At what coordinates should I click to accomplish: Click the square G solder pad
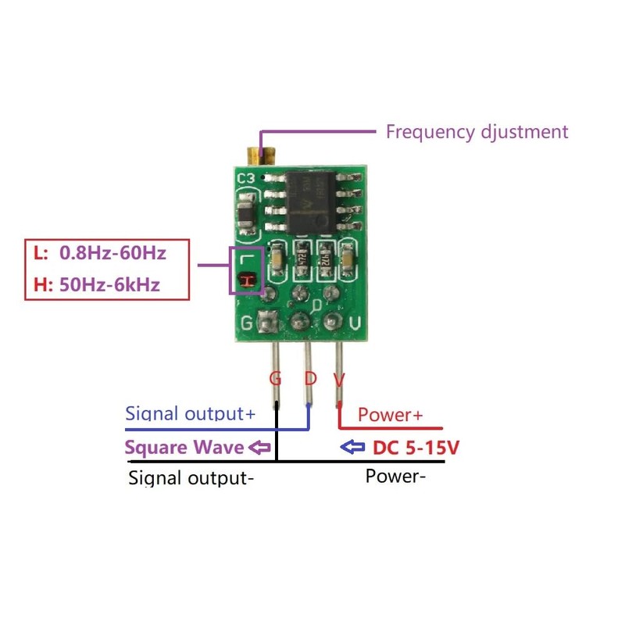[268, 321]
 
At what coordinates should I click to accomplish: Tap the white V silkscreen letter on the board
[354, 322]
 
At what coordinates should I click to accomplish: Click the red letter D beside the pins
[310, 379]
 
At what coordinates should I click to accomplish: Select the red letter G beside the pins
[275, 379]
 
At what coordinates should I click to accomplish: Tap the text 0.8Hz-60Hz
[112, 253]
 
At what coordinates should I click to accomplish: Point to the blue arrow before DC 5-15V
[354, 448]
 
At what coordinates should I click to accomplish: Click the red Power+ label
[390, 415]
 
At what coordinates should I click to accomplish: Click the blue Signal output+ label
[190, 414]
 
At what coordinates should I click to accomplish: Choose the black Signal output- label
[191, 477]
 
